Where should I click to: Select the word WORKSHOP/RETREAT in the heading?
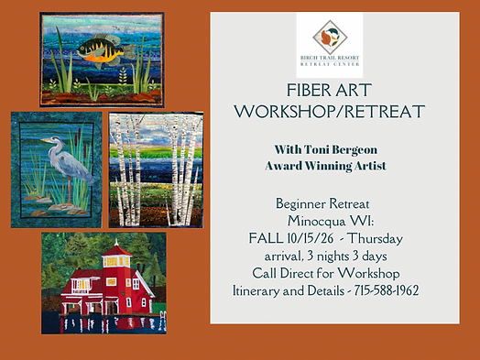coord(329,112)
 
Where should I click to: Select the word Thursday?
coord(395,237)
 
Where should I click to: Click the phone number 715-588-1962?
coord(388,290)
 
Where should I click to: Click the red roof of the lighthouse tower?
coord(115,249)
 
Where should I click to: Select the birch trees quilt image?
coord(155,169)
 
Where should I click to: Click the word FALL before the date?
coord(267,237)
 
